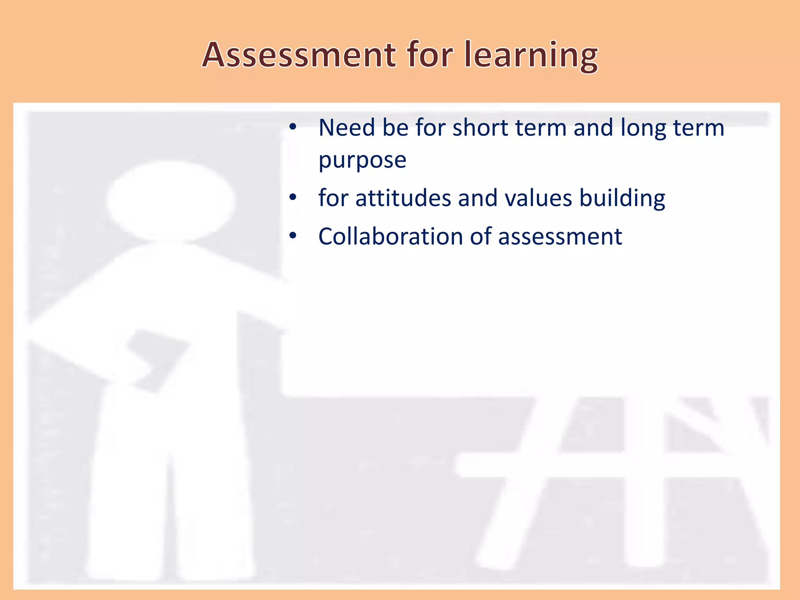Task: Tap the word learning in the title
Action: click(x=531, y=55)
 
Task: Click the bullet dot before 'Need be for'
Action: click(x=293, y=127)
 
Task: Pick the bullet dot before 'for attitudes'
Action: click(x=293, y=198)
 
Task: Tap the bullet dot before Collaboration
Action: click(x=293, y=236)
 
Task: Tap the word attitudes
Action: click(x=403, y=198)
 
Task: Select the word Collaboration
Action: click(x=391, y=236)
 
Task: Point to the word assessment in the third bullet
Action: click(x=560, y=237)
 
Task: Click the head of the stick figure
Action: click(x=170, y=200)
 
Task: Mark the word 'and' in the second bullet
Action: click(x=477, y=198)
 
